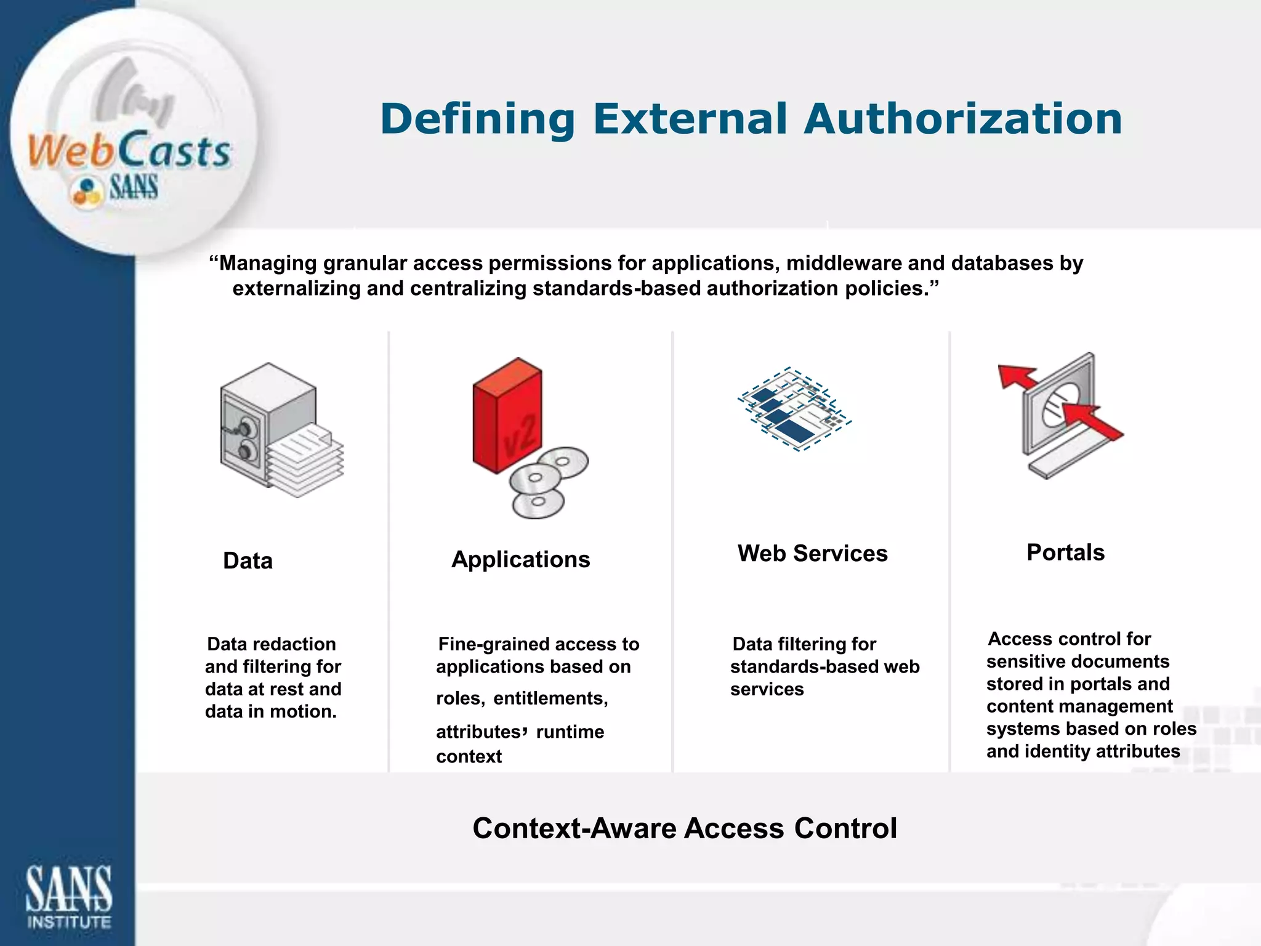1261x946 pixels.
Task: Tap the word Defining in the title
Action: pos(477,119)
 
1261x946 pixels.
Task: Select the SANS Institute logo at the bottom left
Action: pos(68,896)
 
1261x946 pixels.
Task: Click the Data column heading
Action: pos(248,561)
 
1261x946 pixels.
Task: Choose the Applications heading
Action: pos(520,560)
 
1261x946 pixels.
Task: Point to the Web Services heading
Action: pos(812,554)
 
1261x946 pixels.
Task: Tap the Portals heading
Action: pos(1065,552)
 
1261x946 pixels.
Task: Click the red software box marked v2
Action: pos(507,416)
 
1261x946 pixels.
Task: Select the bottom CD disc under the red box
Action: pos(538,503)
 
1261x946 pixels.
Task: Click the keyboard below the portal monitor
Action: pos(1071,456)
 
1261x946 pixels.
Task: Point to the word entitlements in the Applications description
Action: pos(550,698)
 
